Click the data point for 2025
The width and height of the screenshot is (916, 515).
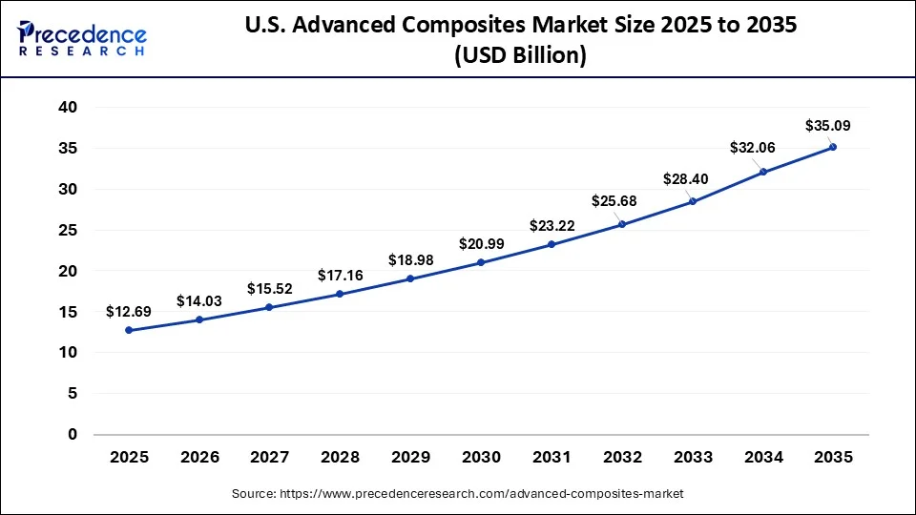129,330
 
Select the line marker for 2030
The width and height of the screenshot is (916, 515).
481,262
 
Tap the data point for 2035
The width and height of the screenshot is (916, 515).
833,147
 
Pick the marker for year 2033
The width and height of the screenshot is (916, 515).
692,201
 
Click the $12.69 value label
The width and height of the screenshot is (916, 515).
129,311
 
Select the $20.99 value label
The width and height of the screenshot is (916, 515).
481,243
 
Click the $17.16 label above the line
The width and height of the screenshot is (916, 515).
340,275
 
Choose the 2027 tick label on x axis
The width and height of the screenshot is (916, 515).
269,458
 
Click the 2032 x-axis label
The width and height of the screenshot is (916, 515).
621,458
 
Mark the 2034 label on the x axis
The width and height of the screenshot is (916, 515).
762,458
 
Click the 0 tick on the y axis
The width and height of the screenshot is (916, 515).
72,434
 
